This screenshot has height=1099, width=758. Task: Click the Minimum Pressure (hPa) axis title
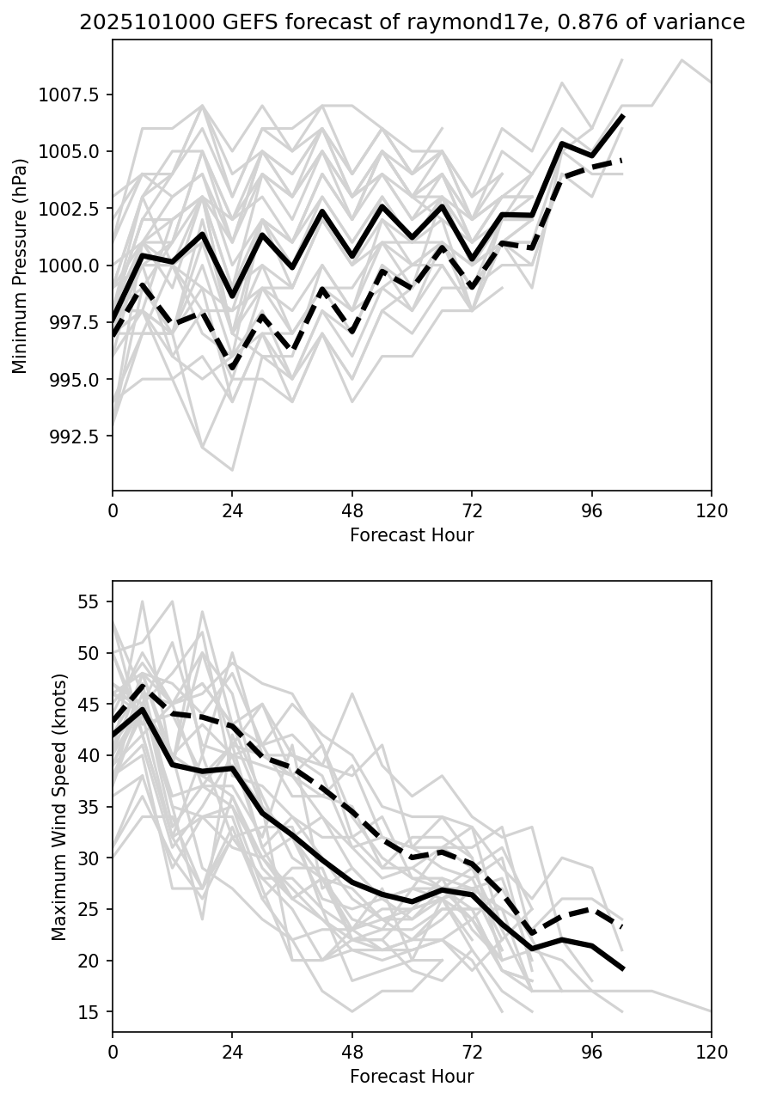[20, 266]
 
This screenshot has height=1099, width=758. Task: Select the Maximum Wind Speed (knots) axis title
[58, 806]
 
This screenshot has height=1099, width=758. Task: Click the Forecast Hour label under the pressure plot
[412, 535]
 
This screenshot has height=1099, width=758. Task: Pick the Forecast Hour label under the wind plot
[412, 1076]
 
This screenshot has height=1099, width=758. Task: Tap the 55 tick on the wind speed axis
[89, 601]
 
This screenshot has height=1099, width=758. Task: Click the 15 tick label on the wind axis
[89, 1012]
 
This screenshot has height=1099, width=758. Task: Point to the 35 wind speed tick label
[89, 807]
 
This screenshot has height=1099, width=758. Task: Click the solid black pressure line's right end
[622, 115]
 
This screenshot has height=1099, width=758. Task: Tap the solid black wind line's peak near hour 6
[143, 709]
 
